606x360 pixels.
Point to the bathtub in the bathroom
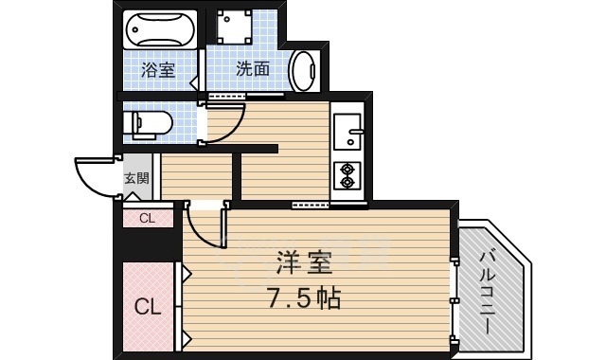pyautogui.click(x=159, y=30)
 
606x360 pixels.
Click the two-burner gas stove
pyautogui.click(x=348, y=175)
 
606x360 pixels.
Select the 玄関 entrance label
pyautogui.click(x=136, y=178)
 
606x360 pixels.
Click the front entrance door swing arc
pyautogui.click(x=95, y=176)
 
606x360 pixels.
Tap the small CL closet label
pyautogui.click(x=147, y=219)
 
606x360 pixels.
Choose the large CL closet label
pyautogui.click(x=146, y=306)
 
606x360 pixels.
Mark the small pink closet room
pyautogui.click(x=147, y=219)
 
